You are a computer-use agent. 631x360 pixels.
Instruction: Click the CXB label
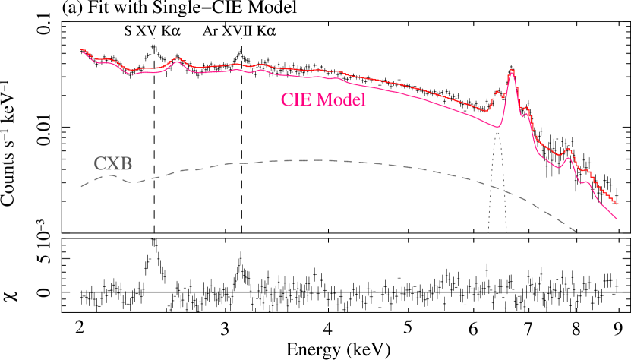(112, 163)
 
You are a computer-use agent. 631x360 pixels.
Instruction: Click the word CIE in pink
(295, 99)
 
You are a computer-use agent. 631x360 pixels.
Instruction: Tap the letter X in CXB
(112, 163)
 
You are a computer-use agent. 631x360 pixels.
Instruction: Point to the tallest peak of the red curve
(512, 70)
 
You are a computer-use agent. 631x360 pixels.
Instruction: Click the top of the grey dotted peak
(497, 132)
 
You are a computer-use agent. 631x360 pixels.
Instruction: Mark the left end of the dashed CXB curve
(81, 186)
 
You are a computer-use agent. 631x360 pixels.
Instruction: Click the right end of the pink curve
(617, 219)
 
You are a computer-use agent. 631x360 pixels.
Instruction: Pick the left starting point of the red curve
(80, 51)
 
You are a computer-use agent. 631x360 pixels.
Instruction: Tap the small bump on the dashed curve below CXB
(111, 175)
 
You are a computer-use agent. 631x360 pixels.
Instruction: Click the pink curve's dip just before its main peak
(497, 126)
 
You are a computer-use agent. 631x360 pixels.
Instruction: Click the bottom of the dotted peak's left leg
(488, 233)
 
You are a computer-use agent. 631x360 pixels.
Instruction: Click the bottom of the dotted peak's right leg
(506, 233)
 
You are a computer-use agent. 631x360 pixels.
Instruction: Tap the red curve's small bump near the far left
(178, 58)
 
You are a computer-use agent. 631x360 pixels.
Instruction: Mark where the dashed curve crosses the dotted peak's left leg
(491, 186)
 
